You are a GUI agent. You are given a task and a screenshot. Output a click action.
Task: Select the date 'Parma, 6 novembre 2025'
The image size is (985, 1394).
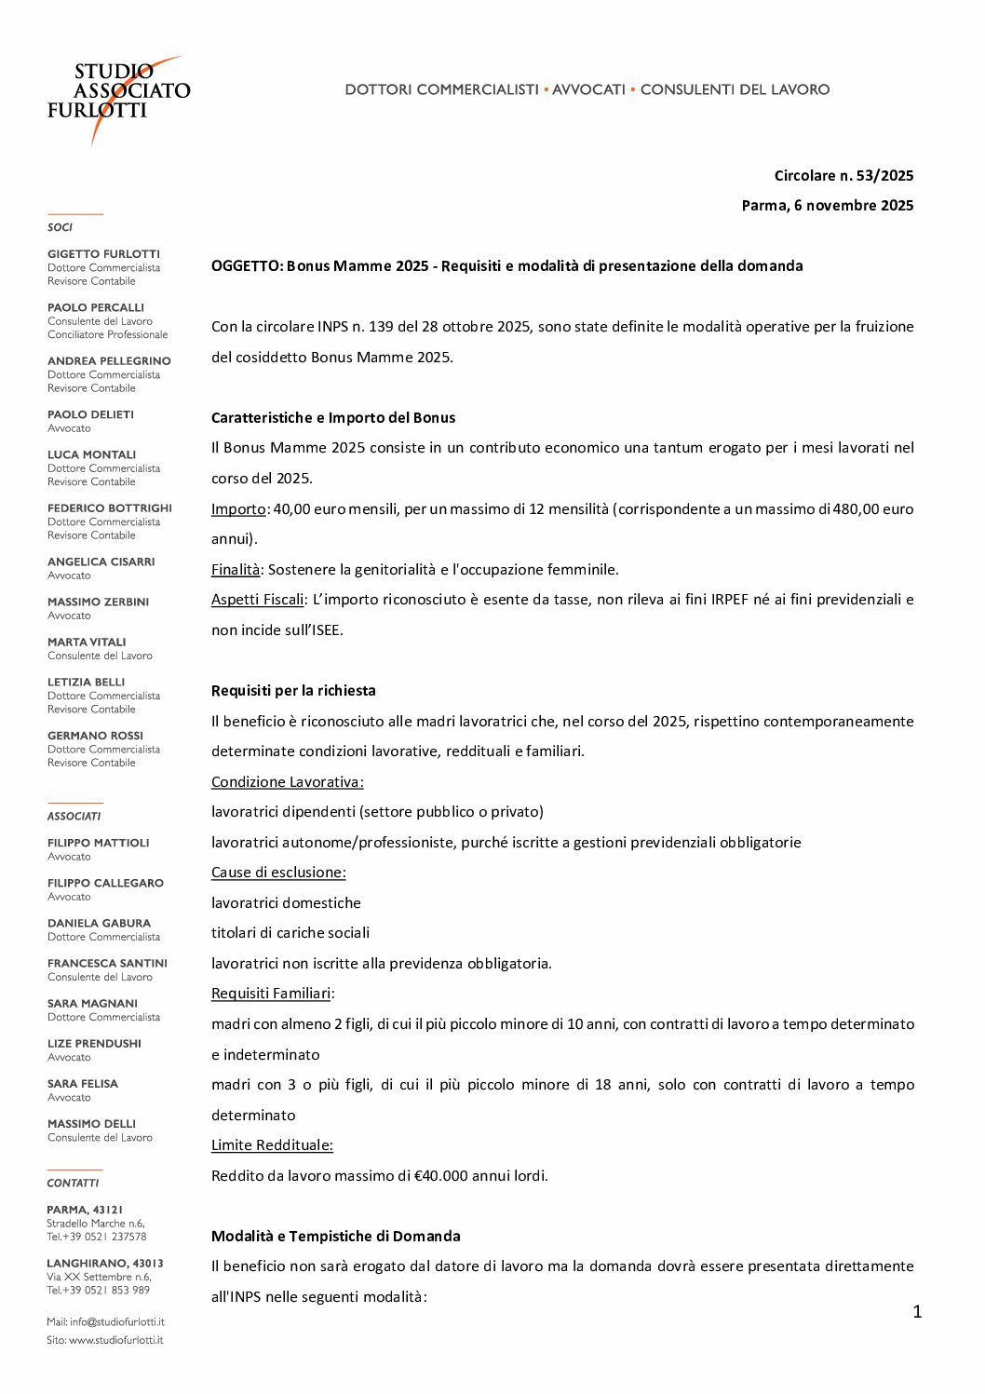(827, 205)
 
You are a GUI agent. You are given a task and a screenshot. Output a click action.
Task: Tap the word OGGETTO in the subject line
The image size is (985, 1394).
(246, 265)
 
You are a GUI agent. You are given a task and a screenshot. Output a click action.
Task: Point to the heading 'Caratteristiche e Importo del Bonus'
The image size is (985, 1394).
(333, 417)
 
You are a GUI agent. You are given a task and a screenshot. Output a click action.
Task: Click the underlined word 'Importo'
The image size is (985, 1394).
(238, 508)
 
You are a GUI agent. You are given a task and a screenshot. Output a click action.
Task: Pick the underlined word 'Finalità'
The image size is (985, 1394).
(236, 569)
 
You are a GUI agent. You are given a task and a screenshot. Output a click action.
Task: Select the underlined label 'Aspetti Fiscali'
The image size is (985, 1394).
(258, 599)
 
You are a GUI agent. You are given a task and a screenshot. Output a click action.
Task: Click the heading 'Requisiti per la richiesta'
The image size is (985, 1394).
(293, 690)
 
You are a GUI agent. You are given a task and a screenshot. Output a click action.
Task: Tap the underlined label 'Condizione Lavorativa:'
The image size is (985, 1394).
(287, 781)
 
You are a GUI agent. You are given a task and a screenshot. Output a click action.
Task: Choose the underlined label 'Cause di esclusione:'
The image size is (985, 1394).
(278, 872)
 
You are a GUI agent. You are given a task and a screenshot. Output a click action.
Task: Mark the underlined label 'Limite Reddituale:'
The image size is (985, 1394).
(272, 1144)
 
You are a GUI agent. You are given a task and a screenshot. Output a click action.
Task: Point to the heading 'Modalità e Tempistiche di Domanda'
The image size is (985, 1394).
(336, 1236)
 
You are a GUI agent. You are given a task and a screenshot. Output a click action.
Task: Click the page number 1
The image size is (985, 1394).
(917, 1311)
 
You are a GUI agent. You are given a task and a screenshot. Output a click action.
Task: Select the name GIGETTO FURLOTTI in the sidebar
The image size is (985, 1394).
(103, 253)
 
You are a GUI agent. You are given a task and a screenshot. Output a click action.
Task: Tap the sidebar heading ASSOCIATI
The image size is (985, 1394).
(74, 816)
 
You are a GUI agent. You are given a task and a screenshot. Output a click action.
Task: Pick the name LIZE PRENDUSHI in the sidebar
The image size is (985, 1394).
(94, 1043)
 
